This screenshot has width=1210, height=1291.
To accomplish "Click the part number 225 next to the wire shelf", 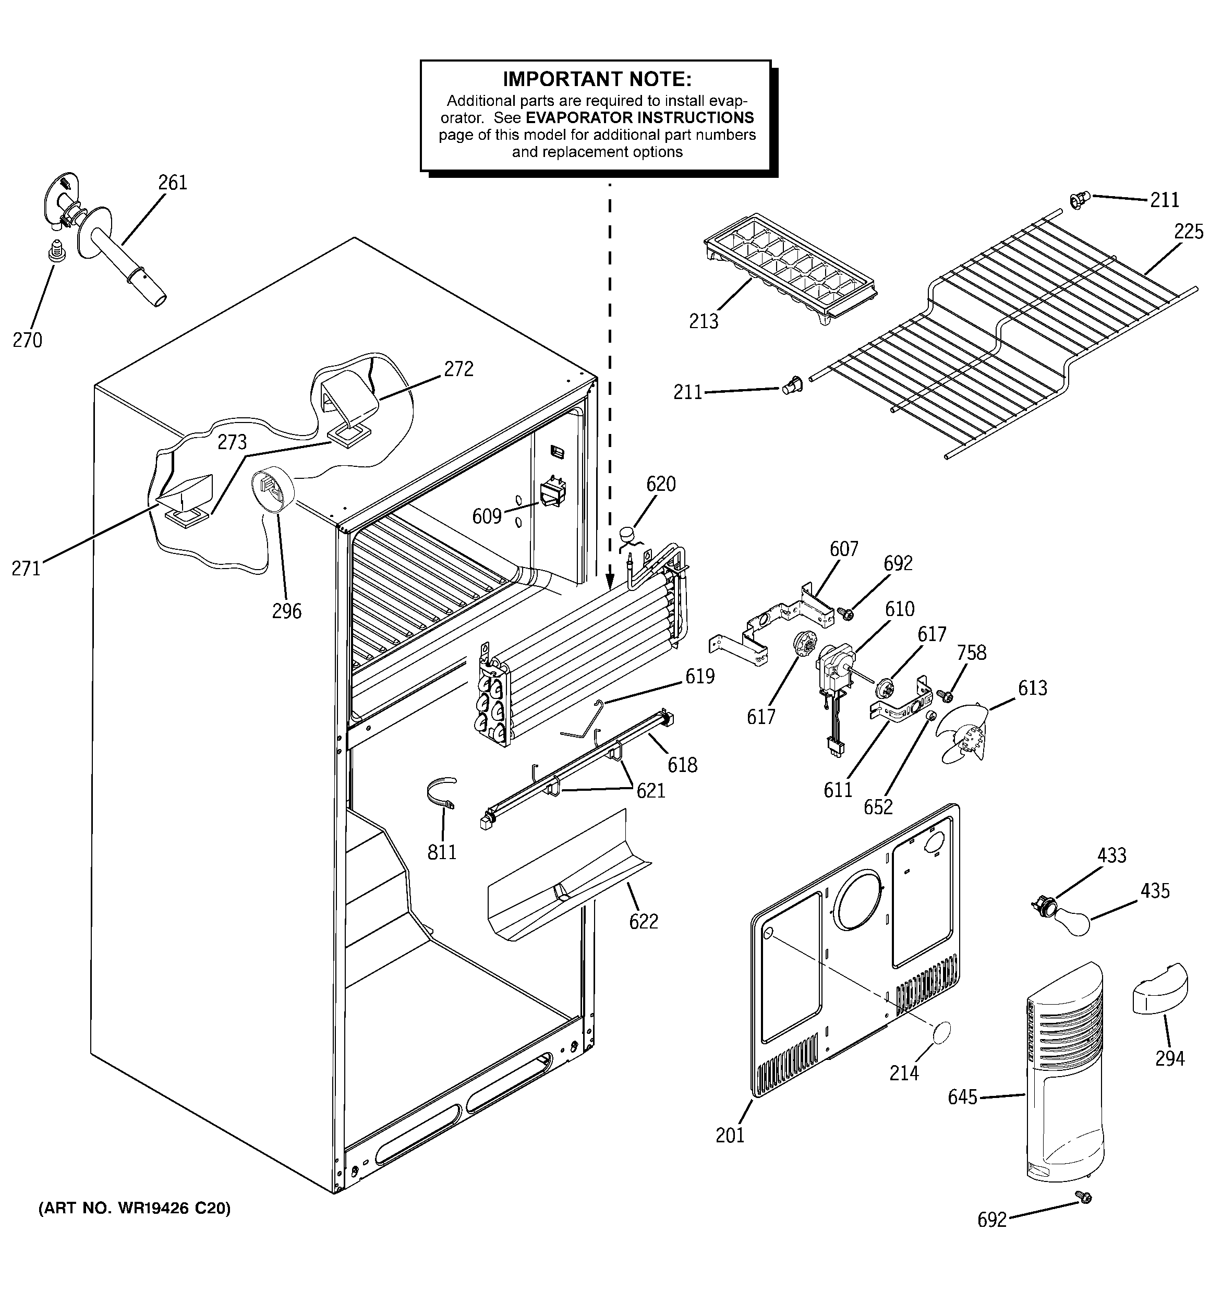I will coord(1189,231).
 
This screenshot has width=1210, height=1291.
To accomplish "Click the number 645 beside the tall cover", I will coord(963,1097).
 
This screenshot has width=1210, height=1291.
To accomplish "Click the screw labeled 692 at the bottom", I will coord(1083,1214).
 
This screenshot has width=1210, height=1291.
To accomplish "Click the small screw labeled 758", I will coord(946,697).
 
